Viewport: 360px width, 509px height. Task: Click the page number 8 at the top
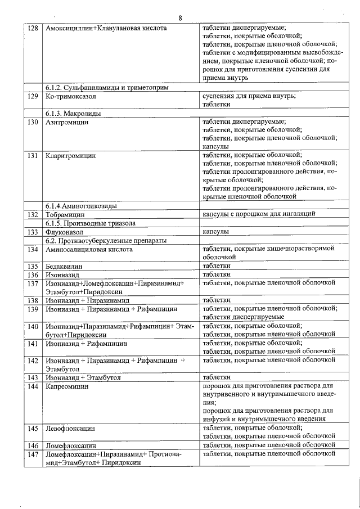pyautogui.click(x=180, y=18)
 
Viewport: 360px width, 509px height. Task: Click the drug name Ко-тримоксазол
pyautogui.click(x=70, y=97)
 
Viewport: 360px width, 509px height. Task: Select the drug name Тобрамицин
pyautogui.click(x=65, y=214)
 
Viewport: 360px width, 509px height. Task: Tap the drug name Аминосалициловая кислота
pyautogui.click(x=89, y=249)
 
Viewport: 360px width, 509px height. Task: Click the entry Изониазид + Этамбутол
pyautogui.click(x=83, y=377)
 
